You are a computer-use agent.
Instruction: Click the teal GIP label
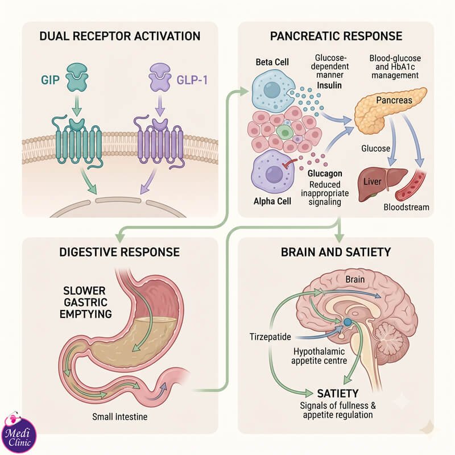point(50,80)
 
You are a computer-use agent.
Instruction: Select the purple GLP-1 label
point(192,80)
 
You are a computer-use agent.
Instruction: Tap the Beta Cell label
point(272,62)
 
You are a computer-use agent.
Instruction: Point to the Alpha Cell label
point(272,201)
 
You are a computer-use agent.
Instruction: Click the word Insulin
point(329,85)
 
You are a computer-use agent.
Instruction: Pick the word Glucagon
point(325,173)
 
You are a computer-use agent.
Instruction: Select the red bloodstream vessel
point(411,186)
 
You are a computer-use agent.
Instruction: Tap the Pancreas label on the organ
point(394,101)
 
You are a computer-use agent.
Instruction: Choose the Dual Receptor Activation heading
point(120,36)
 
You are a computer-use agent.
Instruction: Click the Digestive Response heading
point(119,252)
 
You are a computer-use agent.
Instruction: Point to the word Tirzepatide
point(270,337)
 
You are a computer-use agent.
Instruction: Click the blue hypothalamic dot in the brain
point(347,322)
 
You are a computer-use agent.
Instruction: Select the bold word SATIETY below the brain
point(338,394)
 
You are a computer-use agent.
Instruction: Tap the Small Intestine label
point(120,417)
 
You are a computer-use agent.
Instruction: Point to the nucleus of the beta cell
point(272,90)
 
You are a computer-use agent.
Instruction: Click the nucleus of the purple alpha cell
point(274,174)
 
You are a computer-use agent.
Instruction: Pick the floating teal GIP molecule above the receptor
point(77,77)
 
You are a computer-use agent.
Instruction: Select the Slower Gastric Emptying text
point(86,303)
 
